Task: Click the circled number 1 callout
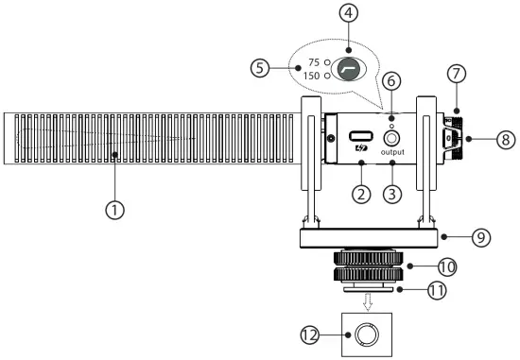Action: (115, 210)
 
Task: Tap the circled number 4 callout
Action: (348, 13)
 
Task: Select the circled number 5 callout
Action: (260, 68)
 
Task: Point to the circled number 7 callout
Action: (457, 74)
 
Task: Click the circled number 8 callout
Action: (506, 139)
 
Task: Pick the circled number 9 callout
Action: (481, 237)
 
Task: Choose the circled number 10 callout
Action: (447, 266)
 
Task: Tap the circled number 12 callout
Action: (310, 334)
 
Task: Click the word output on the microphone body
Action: (392, 152)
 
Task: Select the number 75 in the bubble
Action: (314, 62)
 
